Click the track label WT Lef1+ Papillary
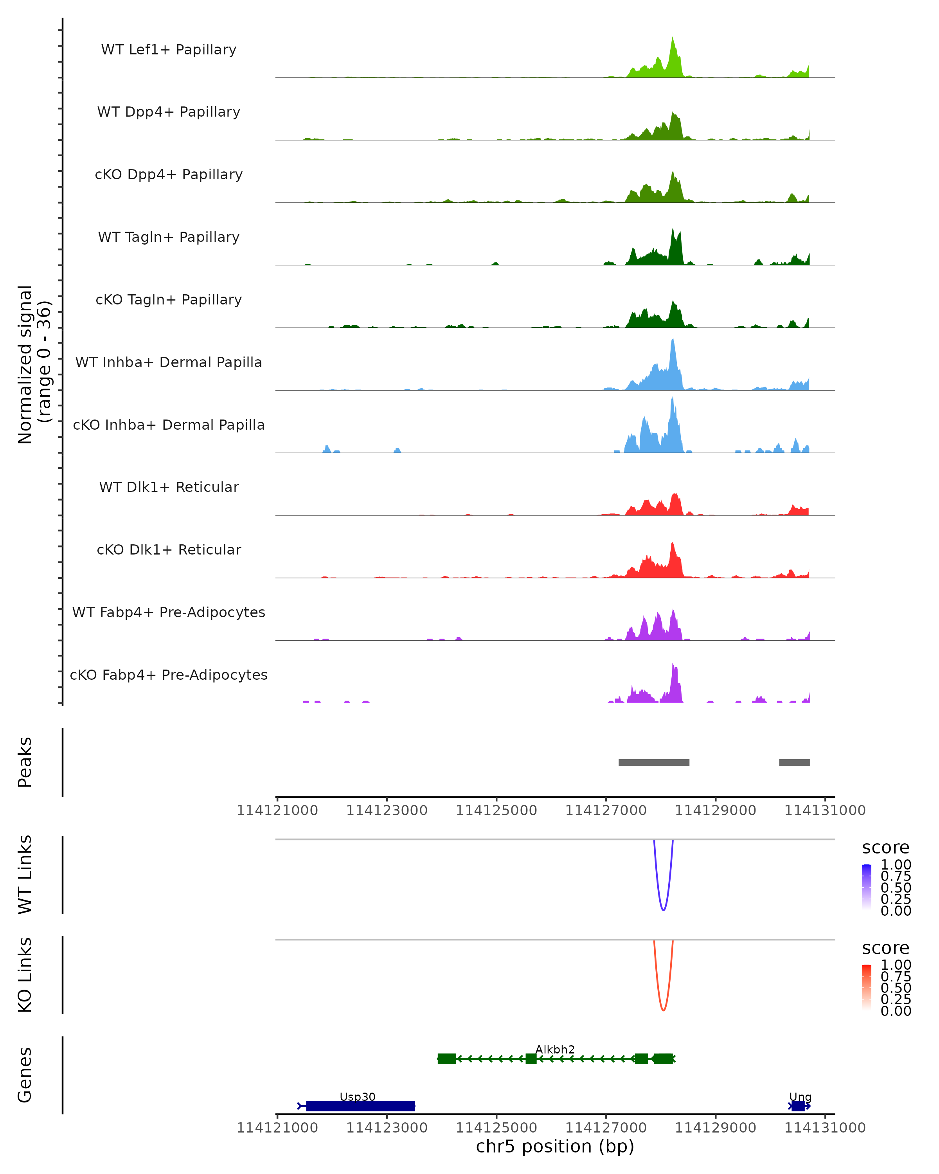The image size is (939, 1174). click(x=169, y=50)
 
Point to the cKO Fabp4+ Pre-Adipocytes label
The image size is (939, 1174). click(x=169, y=675)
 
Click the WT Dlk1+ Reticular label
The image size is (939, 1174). click(x=169, y=487)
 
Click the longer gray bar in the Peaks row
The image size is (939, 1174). click(x=654, y=762)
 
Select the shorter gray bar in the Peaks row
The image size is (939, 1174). click(x=794, y=762)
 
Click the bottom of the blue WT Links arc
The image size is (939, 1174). click(x=663, y=910)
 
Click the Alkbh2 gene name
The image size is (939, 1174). click(x=555, y=1049)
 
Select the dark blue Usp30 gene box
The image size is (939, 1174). click(x=360, y=1106)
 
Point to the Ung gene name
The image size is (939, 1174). click(x=800, y=1097)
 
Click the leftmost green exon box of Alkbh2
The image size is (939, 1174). click(x=446, y=1059)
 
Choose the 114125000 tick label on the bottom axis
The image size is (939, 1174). click(x=496, y=1128)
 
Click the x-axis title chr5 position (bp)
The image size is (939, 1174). click(x=555, y=1147)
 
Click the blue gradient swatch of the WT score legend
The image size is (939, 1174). click(x=867, y=886)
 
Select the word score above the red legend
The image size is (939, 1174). click(x=885, y=948)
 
